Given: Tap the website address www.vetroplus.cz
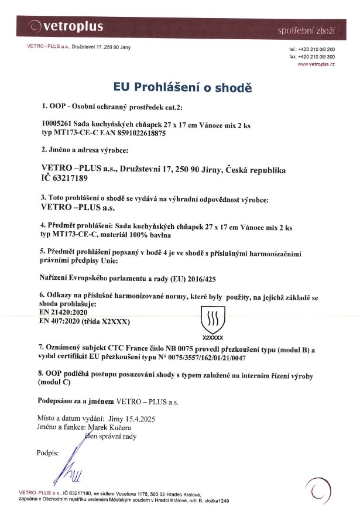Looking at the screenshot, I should tap(316, 63).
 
